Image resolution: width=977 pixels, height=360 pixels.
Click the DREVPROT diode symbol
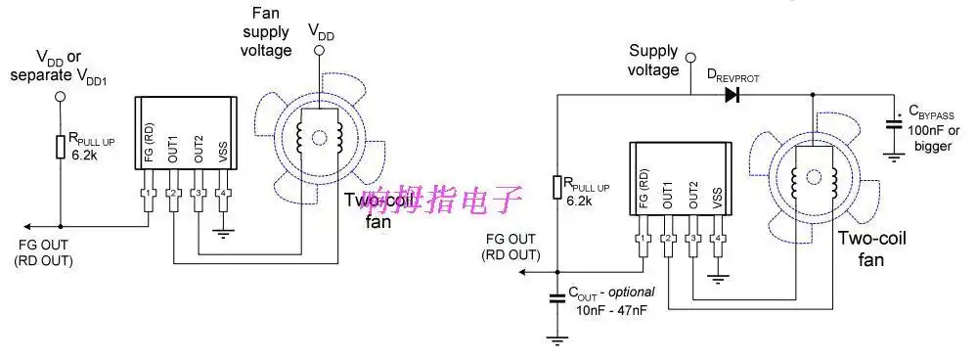tap(732, 95)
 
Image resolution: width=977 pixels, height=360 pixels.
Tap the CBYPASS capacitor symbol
tap(893, 124)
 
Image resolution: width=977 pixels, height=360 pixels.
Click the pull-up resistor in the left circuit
tap(60, 147)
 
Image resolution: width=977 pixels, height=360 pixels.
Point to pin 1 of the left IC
tap(148, 192)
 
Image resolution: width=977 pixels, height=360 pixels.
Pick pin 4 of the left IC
tap(224, 192)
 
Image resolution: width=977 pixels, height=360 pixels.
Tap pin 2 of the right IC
tap(668, 238)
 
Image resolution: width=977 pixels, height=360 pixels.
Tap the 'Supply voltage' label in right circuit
tap(653, 61)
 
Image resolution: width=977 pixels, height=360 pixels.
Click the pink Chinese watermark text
tap(443, 202)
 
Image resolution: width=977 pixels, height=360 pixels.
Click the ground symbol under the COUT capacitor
tap(557, 338)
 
